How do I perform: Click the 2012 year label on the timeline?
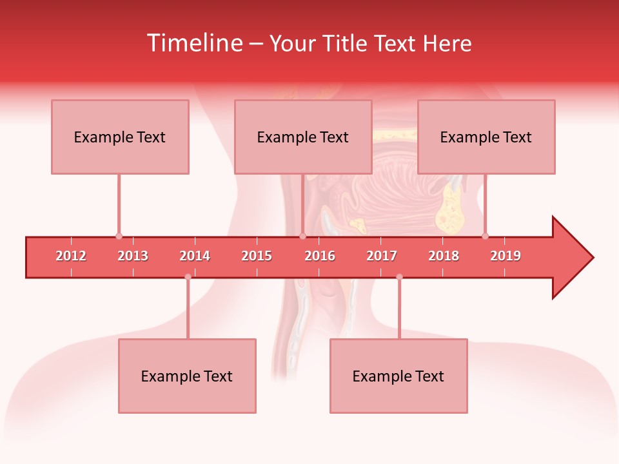71,256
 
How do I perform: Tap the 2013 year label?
133,256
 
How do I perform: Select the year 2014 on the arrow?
195,256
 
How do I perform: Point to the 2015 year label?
257,256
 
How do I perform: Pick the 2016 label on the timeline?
320,256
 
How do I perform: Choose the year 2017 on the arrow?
382,256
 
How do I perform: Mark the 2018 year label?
444,256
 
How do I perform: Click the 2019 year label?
506,256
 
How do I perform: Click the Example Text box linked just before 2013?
120,137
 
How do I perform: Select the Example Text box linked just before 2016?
303,137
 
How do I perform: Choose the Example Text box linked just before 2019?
486,137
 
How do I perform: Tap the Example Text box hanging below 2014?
187,376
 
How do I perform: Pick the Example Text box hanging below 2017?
398,376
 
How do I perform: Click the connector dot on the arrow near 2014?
188,277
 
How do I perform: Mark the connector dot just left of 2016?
302,236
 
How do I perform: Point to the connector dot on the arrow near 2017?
399,277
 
